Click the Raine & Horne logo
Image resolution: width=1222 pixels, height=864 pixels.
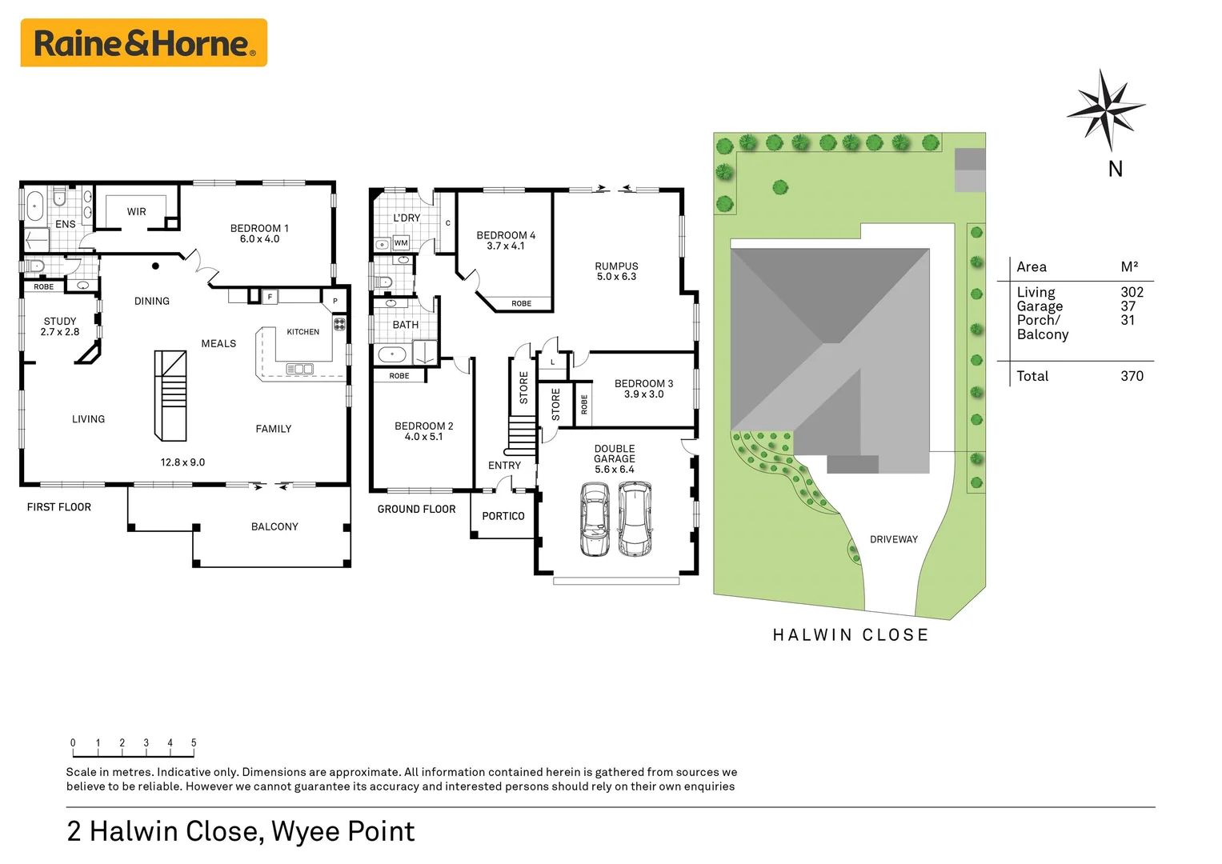point(143,43)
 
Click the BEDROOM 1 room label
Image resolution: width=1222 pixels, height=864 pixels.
point(259,234)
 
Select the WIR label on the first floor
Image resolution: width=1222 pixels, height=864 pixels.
point(137,212)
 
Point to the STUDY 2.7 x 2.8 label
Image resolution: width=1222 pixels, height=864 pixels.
point(60,326)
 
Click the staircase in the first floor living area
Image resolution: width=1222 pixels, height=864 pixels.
point(170,396)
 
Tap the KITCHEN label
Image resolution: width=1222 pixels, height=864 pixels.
point(302,332)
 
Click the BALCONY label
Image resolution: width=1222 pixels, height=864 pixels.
point(274,526)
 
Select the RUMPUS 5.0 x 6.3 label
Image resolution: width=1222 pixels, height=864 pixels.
point(616,271)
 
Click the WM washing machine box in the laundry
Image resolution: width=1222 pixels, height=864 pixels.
point(401,242)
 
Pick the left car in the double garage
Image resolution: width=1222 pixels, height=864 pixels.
point(595,519)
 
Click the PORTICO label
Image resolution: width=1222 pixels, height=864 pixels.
point(503,516)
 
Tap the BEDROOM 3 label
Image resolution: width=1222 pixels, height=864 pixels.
point(643,389)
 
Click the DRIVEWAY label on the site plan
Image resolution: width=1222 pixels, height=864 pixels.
point(894,539)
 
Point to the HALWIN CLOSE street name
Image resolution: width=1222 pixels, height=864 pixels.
point(850,635)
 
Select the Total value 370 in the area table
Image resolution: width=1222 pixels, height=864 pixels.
point(1132,376)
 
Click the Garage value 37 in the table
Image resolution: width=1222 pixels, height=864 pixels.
point(1128,306)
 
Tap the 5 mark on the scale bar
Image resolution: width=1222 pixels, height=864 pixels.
point(194,743)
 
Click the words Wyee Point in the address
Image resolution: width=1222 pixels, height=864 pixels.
point(343,831)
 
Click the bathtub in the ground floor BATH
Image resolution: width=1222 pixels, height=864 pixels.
point(392,354)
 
